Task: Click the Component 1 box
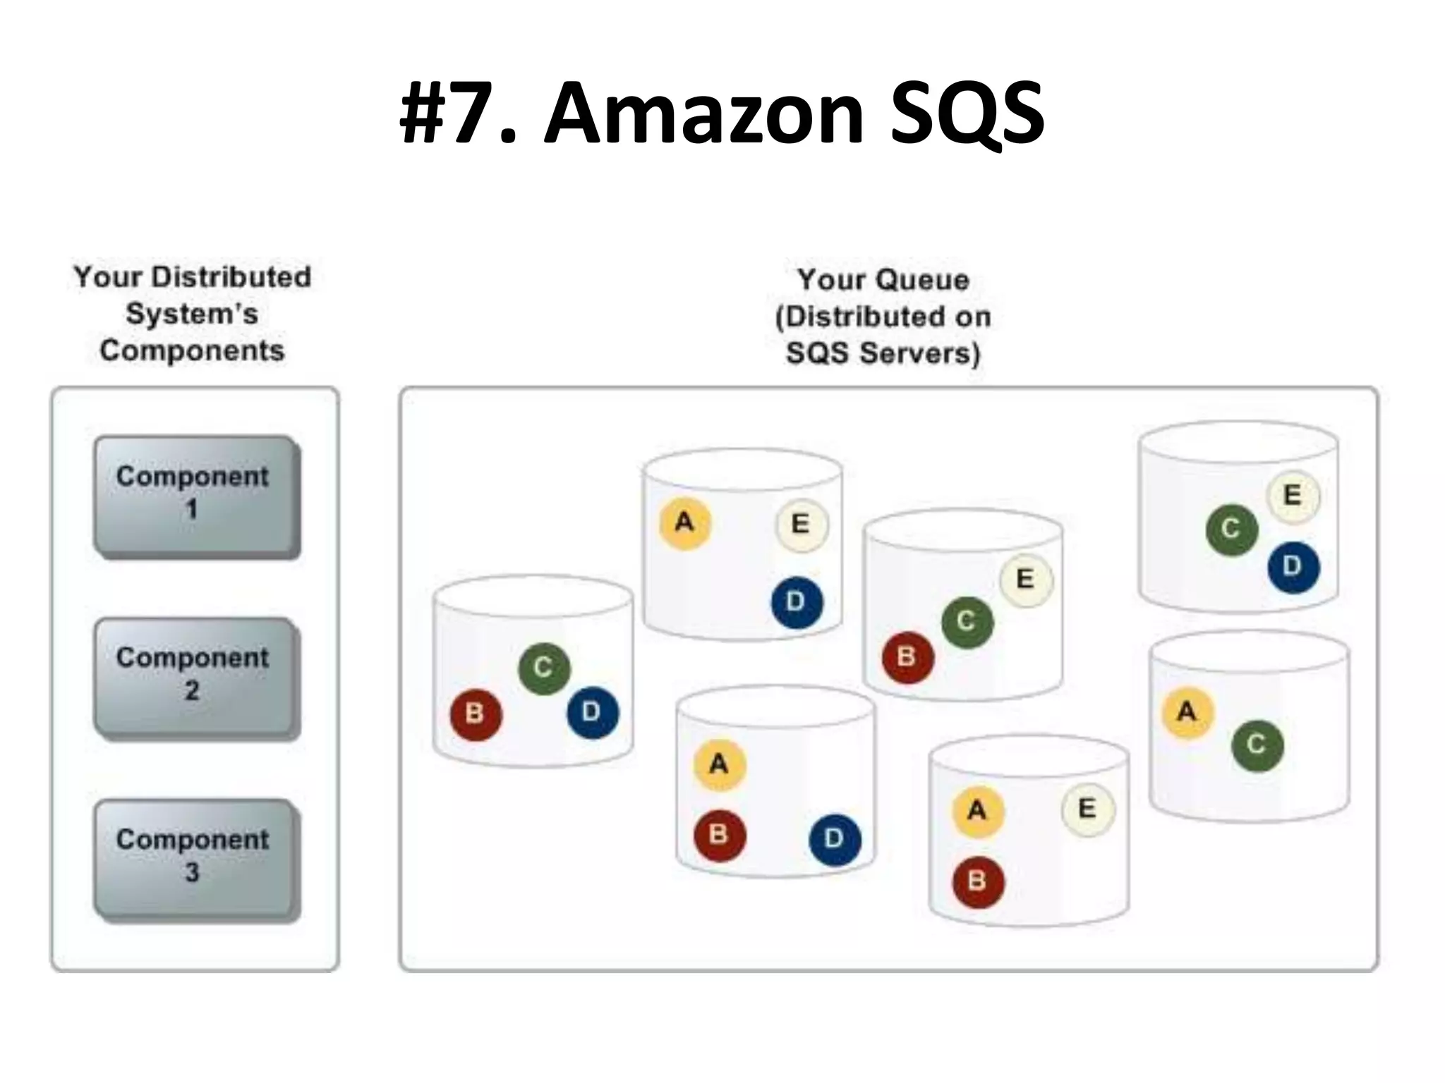pos(194,495)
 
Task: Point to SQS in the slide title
pos(967,113)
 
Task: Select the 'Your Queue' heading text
pos(883,280)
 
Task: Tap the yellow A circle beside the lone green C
pos(1187,712)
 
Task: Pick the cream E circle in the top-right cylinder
pos(1293,495)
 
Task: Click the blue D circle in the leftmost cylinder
pos(592,712)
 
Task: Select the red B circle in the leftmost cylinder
pos(476,714)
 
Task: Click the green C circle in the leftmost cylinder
pos(543,667)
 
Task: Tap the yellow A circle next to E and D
pos(684,523)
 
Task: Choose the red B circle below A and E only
pos(977,881)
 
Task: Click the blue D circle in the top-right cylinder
pos(1293,566)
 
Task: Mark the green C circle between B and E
pos(967,622)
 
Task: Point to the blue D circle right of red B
pos(834,839)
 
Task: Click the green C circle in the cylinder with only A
pos(1257,745)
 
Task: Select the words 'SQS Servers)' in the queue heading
pos(883,353)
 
